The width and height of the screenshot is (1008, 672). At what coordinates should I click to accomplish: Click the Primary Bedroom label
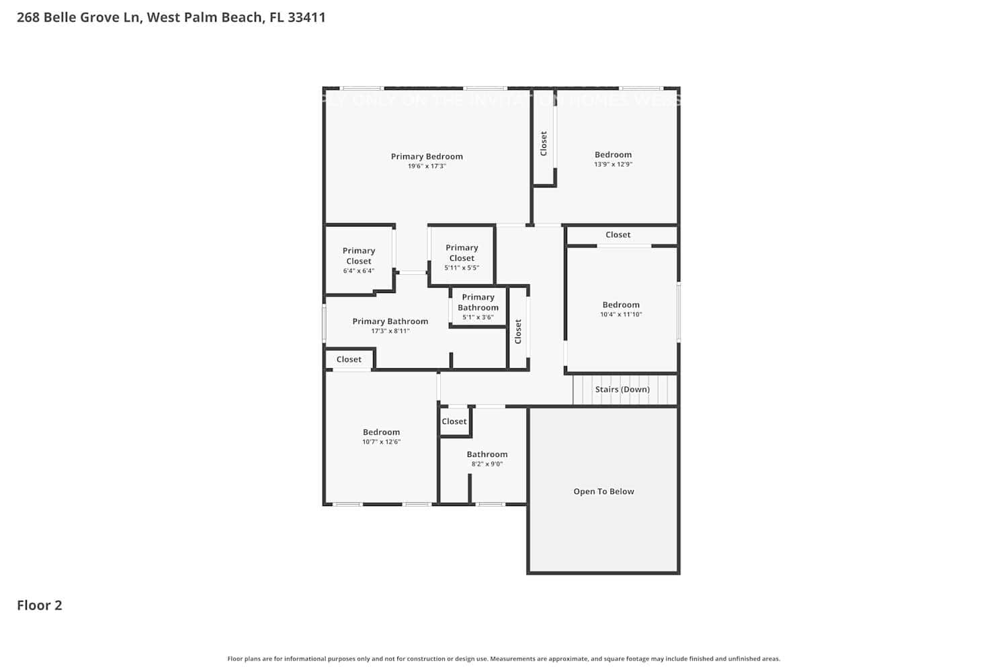[x=427, y=157]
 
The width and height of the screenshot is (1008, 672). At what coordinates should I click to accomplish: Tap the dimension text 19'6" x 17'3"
[x=427, y=166]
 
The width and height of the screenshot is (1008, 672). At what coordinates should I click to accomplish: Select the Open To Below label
[x=603, y=491]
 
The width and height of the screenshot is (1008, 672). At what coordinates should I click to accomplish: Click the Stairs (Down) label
[x=622, y=390]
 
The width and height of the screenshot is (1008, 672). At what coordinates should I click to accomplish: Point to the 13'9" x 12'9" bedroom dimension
[x=613, y=164]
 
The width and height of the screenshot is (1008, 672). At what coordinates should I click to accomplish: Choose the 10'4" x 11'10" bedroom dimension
[x=621, y=314]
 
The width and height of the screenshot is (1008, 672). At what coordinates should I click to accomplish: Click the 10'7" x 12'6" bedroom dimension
[x=381, y=442]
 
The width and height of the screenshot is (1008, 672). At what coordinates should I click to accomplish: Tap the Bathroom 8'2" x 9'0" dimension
[x=487, y=464]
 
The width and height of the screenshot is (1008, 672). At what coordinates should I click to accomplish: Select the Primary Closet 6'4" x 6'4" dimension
[x=358, y=271]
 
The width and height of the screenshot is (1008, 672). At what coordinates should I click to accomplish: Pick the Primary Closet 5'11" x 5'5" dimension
[x=462, y=267]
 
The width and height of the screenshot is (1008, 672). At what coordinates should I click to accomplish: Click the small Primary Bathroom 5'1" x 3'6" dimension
[x=478, y=317]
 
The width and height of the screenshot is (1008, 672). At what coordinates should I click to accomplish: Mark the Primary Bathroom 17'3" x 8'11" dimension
[x=390, y=331]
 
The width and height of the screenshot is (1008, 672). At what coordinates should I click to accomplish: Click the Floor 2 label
[x=39, y=605]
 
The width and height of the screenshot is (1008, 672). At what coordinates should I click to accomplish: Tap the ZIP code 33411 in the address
[x=306, y=17]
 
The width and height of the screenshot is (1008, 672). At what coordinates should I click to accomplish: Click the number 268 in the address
[x=28, y=17]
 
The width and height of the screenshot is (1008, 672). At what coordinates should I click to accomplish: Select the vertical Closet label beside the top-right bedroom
[x=544, y=143]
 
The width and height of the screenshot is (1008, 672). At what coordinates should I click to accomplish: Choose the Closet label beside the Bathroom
[x=454, y=421]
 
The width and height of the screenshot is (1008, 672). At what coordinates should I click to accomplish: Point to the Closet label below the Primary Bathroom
[x=349, y=360]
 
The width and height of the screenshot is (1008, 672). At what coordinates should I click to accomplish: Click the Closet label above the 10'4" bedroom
[x=618, y=235]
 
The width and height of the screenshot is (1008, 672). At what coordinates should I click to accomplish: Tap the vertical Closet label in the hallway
[x=518, y=331]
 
